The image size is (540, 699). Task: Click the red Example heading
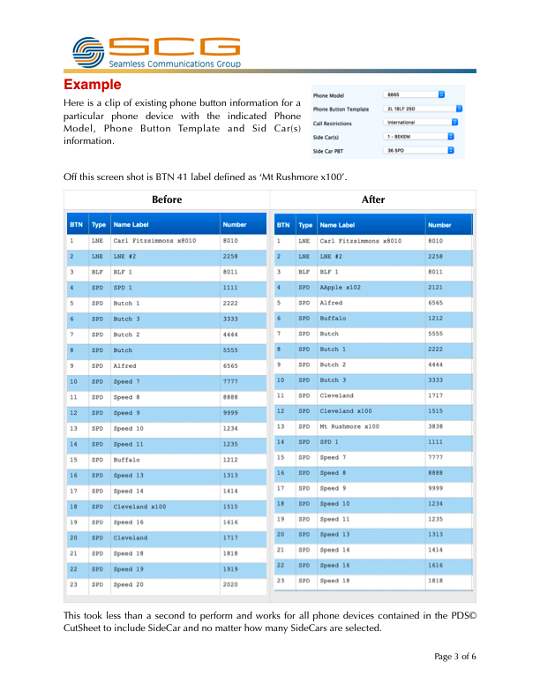click(92, 85)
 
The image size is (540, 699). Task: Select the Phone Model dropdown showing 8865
click(415, 94)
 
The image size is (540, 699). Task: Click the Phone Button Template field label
click(341, 109)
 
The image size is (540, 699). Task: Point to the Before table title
click(167, 199)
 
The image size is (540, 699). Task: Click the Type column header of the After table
click(305, 225)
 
